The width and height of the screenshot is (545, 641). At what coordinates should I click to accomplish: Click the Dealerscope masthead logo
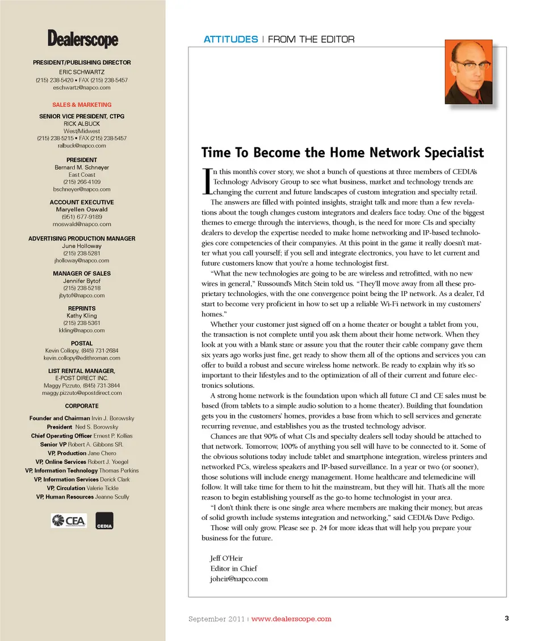coord(83,39)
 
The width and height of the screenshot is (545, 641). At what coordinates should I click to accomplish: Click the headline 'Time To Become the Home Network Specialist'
coord(342,153)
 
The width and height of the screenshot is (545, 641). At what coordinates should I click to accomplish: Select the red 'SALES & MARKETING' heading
coord(82,105)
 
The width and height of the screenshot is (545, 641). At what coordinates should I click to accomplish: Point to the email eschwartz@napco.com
coord(82,88)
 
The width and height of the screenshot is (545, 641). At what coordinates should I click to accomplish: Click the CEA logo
coord(68,520)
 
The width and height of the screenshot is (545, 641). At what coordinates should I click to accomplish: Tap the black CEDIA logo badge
coord(104,521)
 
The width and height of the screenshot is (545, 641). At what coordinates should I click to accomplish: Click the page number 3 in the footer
coord(506,618)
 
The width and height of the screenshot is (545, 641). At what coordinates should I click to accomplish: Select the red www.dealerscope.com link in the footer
coord(291,619)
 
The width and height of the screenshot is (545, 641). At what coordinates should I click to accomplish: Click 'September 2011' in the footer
coord(216,619)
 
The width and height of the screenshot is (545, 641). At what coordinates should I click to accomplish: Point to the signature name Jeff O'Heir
coord(227,558)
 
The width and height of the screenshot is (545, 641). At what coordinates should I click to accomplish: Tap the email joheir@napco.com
coord(238,579)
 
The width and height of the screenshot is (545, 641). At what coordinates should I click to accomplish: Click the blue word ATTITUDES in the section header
coord(230,39)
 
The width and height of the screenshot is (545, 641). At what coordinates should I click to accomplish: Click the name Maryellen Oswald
coord(82,210)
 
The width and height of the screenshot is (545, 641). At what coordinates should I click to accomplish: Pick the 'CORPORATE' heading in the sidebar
coord(82,406)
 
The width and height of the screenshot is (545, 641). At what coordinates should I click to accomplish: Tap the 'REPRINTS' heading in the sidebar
coord(82,309)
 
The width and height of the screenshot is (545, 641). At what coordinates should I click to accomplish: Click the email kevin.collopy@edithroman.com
coord(82,359)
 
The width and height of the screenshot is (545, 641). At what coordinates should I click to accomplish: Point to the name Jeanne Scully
coord(112,497)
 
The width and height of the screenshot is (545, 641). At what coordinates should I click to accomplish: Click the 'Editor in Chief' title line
coord(233,568)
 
